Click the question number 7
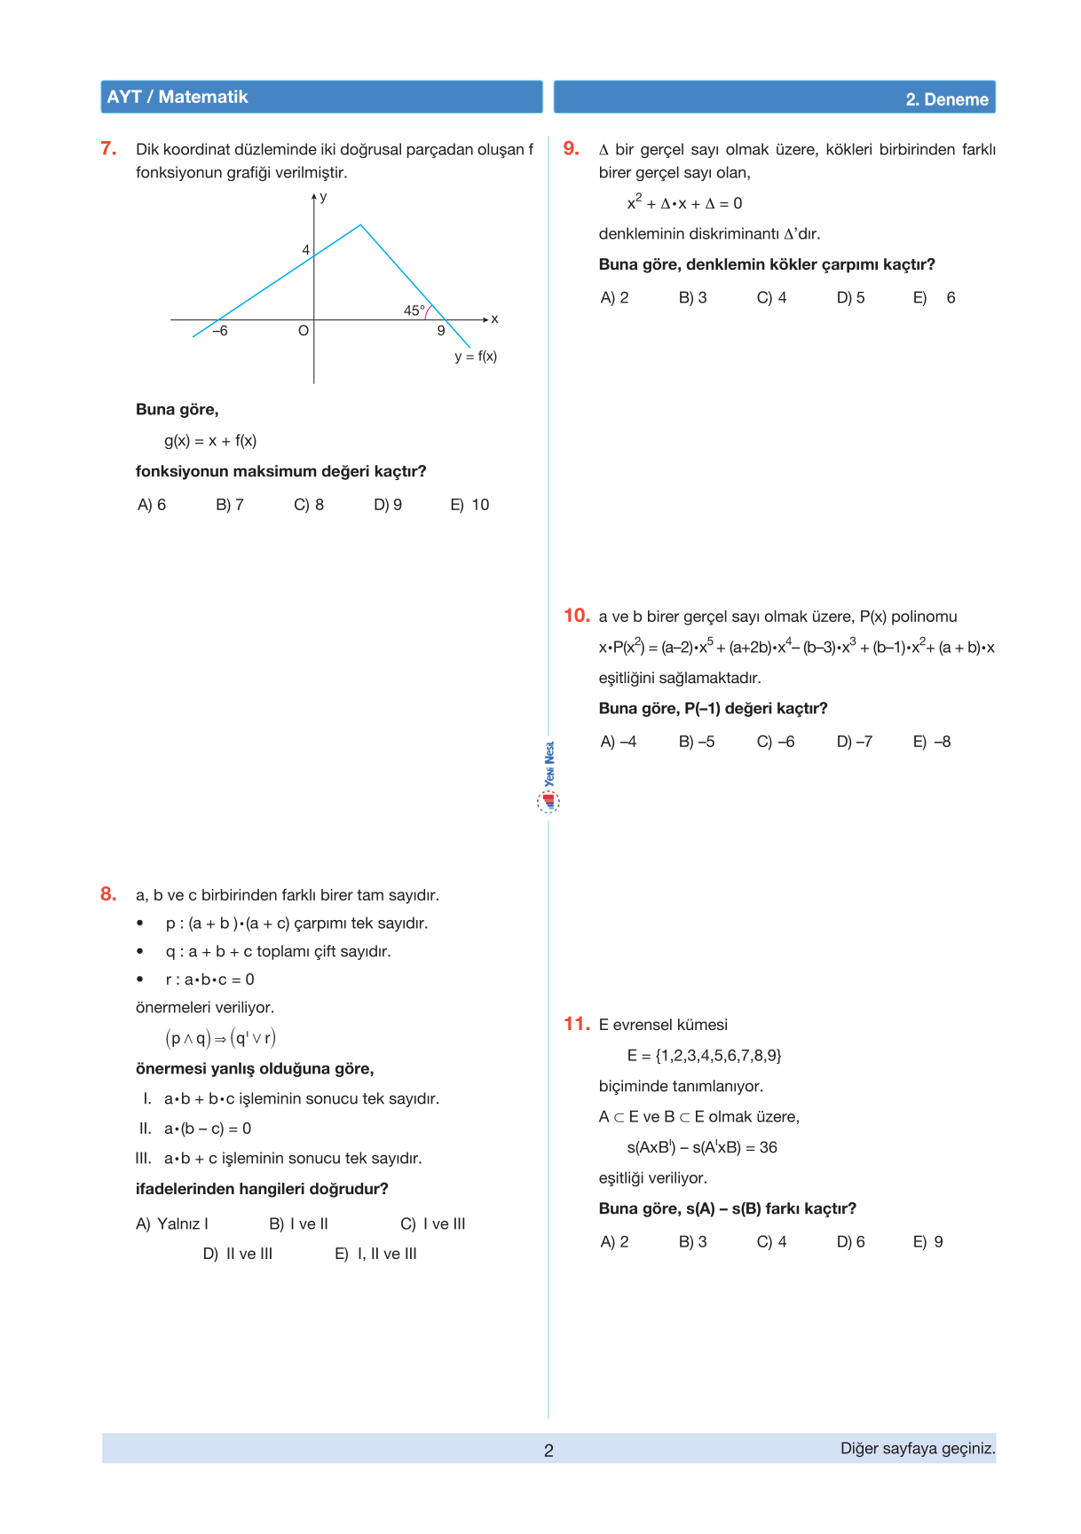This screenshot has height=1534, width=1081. click(x=108, y=149)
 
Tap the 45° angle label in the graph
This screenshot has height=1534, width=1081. click(x=414, y=311)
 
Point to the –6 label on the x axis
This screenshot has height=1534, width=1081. click(x=220, y=331)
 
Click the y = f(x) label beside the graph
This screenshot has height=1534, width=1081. click(x=476, y=357)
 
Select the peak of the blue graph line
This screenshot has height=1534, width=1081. click(x=360, y=225)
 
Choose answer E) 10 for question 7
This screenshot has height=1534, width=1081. click(x=469, y=505)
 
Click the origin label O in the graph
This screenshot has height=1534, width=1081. click(x=304, y=331)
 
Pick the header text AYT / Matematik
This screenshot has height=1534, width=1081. click(x=178, y=97)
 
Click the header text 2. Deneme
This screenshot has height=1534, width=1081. click(x=947, y=99)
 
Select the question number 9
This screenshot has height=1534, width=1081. click(x=572, y=149)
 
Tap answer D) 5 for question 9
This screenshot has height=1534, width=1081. click(x=850, y=298)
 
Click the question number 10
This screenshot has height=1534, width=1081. click(x=577, y=616)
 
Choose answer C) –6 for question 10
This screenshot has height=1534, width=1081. click(x=776, y=742)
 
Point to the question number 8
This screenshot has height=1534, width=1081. click(x=108, y=894)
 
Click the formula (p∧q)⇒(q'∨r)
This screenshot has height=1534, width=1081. click(x=221, y=1038)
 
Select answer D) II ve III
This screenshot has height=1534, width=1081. click(x=238, y=1254)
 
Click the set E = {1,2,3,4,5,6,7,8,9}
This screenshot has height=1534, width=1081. click(x=704, y=1056)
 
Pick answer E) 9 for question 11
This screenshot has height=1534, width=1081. click(x=928, y=1242)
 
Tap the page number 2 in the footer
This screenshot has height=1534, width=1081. click(x=548, y=1451)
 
